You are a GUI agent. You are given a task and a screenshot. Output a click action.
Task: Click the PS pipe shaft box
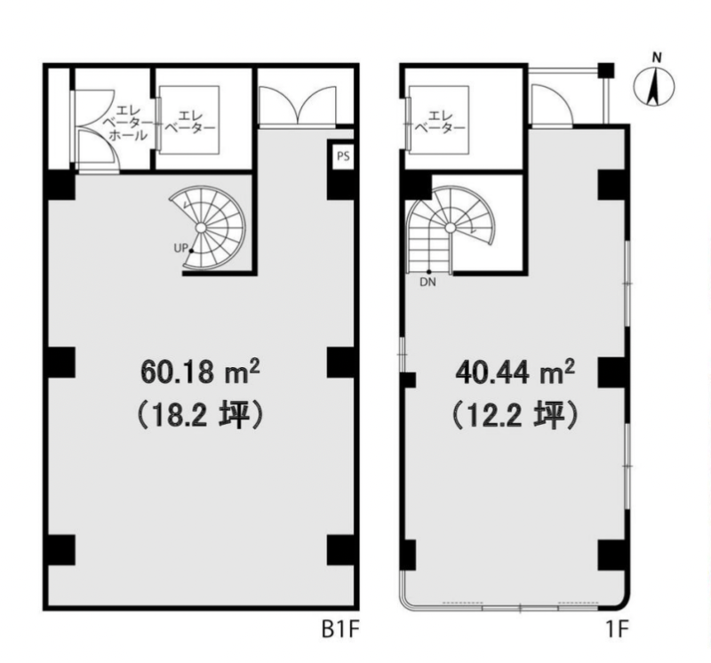click(343, 156)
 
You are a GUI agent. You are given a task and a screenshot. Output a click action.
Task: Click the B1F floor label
click(340, 629)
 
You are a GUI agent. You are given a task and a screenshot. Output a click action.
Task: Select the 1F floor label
click(617, 629)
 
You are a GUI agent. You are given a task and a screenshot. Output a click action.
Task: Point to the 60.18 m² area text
click(200, 371)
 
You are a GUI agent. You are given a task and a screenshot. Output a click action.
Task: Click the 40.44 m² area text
click(515, 371)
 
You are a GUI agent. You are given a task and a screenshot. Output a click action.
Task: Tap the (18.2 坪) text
click(200, 415)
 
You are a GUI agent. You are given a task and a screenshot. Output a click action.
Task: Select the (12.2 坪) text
click(515, 415)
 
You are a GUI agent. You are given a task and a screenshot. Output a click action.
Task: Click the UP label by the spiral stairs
click(180, 249)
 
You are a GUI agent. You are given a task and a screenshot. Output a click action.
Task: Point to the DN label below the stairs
click(427, 283)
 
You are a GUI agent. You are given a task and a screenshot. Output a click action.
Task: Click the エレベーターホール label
click(128, 123)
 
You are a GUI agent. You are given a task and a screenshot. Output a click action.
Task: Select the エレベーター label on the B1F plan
click(189, 122)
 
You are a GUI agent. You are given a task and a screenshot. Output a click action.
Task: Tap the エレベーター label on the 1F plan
click(440, 122)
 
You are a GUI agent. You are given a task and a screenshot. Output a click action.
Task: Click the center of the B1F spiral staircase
click(201, 228)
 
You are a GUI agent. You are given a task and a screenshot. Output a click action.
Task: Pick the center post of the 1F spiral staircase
click(451, 228)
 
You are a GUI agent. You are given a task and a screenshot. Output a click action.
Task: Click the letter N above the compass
click(657, 58)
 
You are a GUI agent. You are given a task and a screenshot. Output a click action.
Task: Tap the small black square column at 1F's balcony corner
click(606, 70)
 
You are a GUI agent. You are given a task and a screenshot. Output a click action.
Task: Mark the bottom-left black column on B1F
click(61, 550)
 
